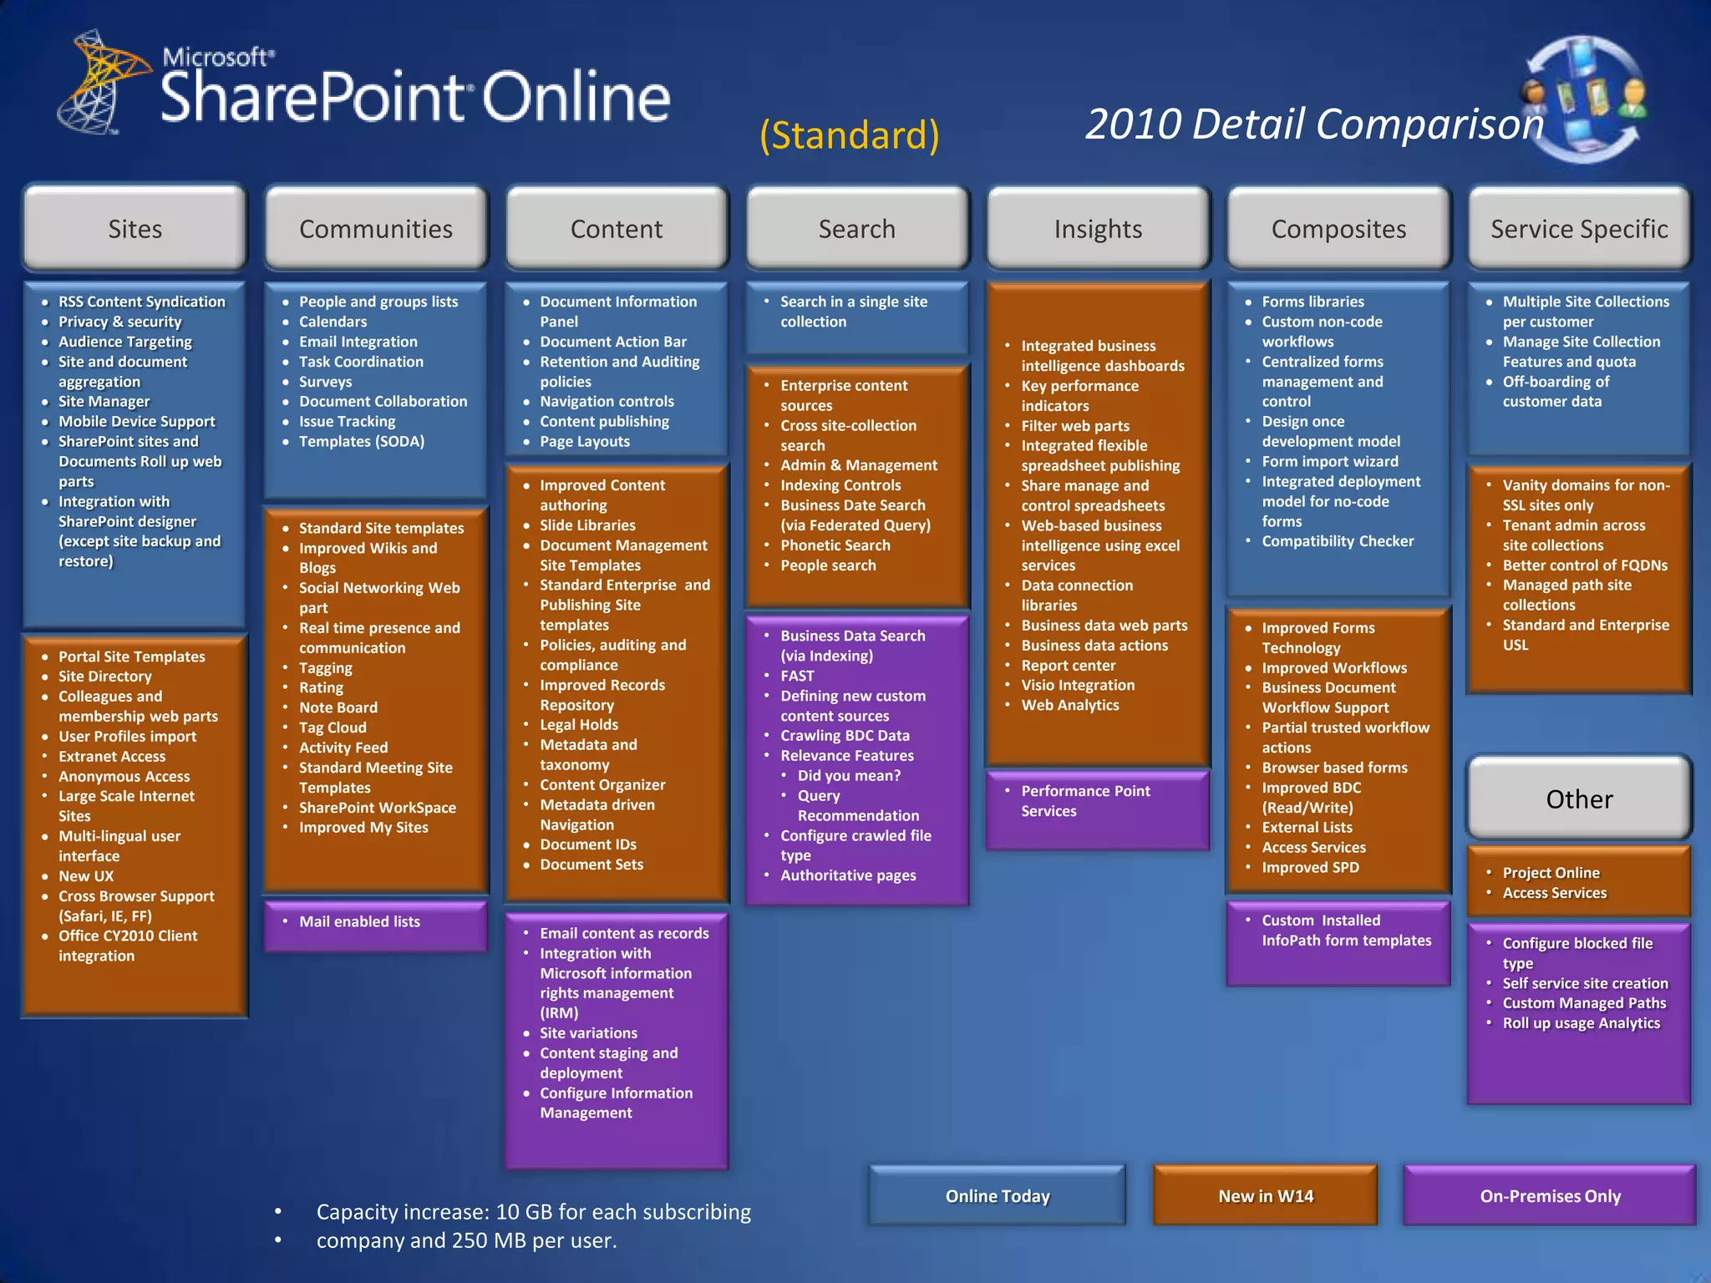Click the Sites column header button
click(135, 228)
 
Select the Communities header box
click(376, 228)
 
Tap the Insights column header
click(1098, 228)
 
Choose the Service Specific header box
click(1579, 228)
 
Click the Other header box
click(1579, 799)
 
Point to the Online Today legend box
click(998, 1196)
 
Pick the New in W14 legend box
click(1266, 1196)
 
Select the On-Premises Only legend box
click(1550, 1196)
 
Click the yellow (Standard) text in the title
click(850, 135)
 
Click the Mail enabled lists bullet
click(359, 921)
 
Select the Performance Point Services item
click(1085, 801)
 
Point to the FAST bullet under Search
click(797, 676)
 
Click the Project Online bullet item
click(1551, 873)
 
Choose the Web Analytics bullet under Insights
click(1069, 705)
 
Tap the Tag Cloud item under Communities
click(333, 728)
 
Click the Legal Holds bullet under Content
click(579, 725)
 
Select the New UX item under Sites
click(86, 876)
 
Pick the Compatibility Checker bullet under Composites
click(1338, 541)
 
